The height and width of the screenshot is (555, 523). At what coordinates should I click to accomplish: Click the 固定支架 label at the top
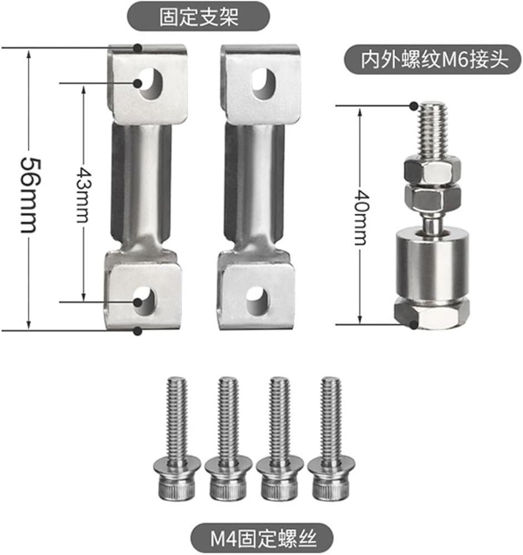199,17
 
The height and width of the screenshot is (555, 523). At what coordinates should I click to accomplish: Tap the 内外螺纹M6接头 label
435,59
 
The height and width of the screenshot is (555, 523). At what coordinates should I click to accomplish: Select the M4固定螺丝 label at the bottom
263,538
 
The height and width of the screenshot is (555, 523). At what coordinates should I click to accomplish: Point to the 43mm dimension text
84,195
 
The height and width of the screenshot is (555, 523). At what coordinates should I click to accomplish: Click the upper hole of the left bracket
150,84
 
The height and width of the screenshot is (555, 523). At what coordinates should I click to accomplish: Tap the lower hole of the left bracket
145,301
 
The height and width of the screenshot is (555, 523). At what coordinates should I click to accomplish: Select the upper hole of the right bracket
264,84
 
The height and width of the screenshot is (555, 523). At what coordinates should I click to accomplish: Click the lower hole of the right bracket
258,301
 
